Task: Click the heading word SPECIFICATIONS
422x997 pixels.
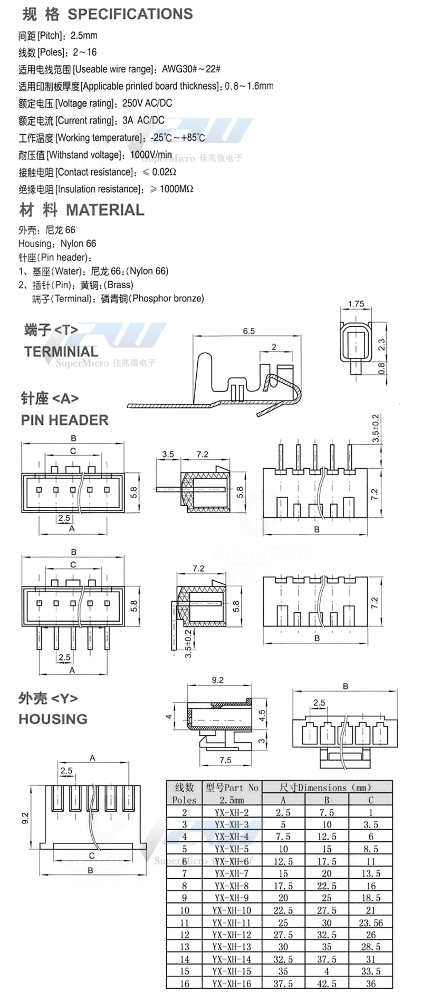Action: tap(130, 14)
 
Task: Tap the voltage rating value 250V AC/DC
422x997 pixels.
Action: tap(147, 103)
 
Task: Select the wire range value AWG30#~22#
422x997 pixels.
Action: tap(191, 69)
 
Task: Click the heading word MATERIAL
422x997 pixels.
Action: tap(105, 210)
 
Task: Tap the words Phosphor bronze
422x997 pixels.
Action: tap(168, 298)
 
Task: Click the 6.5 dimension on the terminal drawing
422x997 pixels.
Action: tap(248, 331)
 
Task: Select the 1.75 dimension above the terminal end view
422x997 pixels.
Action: tap(356, 304)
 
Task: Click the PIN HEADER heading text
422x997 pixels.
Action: tap(65, 420)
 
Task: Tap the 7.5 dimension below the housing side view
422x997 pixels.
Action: tap(225, 760)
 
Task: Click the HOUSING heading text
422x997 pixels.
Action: tap(53, 719)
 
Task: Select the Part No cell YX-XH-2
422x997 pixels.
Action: tap(232, 812)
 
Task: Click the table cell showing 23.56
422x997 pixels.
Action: tap(371, 923)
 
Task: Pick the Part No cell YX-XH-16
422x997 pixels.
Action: tap(232, 984)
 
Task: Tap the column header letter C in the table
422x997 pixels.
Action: tap(371, 800)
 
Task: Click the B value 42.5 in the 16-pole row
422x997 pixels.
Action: tap(327, 984)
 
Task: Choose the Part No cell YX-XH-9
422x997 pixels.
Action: tap(232, 898)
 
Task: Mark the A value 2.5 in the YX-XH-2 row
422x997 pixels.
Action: tap(283, 812)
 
